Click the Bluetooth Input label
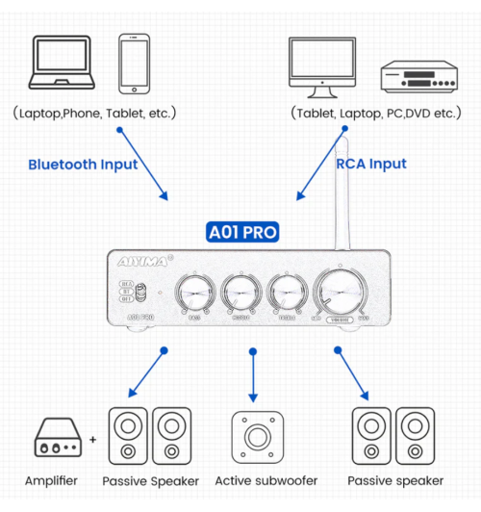pyautogui.click(x=83, y=165)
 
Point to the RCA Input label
pyautogui.click(x=371, y=164)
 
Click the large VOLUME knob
pyautogui.click(x=339, y=288)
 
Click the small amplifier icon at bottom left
pyautogui.click(x=60, y=438)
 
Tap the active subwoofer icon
pyautogui.click(x=255, y=436)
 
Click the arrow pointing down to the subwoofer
pyautogui.click(x=254, y=375)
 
